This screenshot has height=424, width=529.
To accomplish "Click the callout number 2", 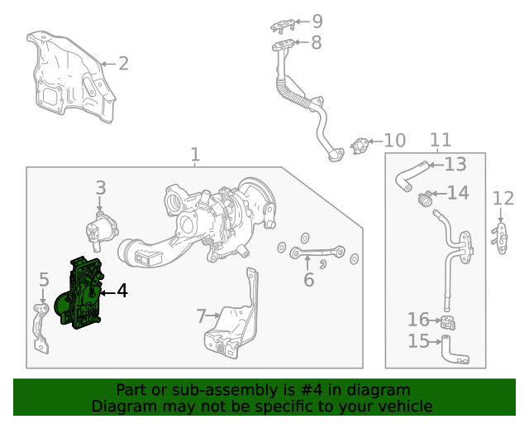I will pos(123,63).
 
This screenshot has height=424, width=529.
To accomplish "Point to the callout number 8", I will pos(317,43).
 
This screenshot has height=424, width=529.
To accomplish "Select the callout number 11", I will pos(441,140).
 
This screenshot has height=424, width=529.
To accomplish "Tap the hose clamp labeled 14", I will pos(425,199).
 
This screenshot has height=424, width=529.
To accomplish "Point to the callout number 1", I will pos(195,155).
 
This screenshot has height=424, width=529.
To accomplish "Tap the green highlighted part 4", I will pos(80,295).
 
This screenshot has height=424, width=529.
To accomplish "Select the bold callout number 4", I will pos(122,291).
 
